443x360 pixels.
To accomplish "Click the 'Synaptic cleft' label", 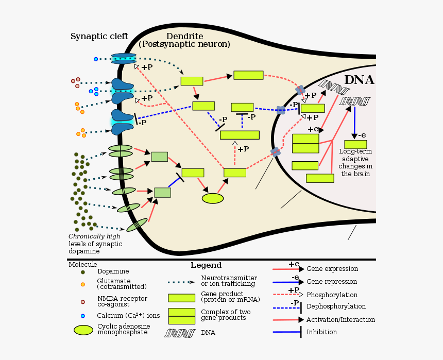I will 95,37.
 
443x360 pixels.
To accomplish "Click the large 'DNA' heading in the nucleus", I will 359,80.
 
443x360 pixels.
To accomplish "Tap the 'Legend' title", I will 206,266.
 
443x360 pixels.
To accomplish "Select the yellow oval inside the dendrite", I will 213,198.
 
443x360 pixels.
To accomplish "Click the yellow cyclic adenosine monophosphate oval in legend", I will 83,330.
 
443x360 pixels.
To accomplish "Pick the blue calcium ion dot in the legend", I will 82,316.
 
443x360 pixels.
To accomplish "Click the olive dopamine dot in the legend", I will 82,271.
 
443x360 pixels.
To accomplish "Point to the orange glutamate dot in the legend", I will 82,284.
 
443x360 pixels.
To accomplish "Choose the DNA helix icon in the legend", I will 179,333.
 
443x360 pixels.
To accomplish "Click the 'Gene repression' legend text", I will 331,282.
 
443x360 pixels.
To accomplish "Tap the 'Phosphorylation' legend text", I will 332,295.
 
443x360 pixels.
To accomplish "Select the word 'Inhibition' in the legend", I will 321,332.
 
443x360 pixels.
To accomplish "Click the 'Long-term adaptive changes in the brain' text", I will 355,163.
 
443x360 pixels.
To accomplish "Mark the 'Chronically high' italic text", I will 94,236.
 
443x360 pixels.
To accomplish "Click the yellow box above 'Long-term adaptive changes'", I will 355,144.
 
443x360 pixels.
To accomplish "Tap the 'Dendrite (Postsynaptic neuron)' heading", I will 184,40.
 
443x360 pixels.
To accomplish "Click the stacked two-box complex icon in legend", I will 181,316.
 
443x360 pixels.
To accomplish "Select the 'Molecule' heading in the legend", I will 82,264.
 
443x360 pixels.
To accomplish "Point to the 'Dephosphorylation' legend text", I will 335,306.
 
